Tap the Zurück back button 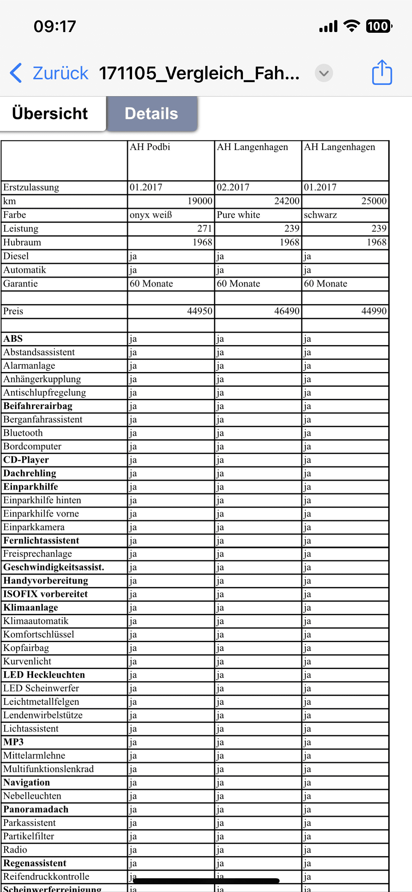[x=49, y=73]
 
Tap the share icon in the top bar [x=382, y=73]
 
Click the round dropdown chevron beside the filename [x=324, y=73]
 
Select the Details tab [x=151, y=114]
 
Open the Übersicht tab [x=50, y=114]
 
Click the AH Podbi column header [x=150, y=147]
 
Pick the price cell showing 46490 [x=287, y=311]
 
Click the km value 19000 [x=200, y=201]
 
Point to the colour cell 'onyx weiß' [x=151, y=215]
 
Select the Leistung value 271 [x=204, y=229]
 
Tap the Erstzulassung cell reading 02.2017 [x=233, y=187]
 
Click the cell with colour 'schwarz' [x=320, y=215]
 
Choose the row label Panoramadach [x=36, y=810]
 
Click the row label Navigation [x=27, y=783]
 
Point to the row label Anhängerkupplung [x=42, y=379]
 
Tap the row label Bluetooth [x=23, y=433]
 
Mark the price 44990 [x=374, y=311]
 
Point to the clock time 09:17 [x=55, y=26]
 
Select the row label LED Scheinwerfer [x=41, y=688]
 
